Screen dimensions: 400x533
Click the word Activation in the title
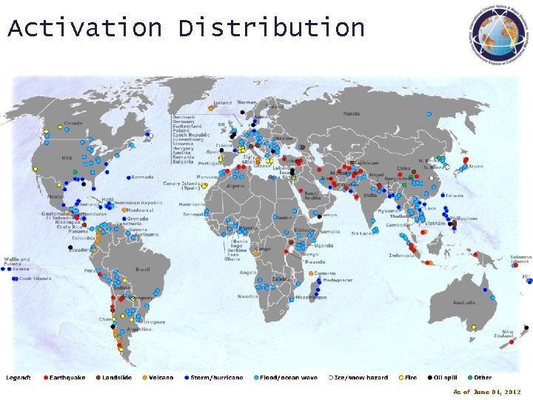[84, 28]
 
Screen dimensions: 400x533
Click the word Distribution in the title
[271, 28]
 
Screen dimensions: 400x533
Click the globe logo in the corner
[494, 34]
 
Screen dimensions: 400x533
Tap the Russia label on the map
[351, 113]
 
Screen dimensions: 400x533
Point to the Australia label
[464, 302]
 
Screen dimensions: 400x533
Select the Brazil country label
[143, 270]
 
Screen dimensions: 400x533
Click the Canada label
[73, 123]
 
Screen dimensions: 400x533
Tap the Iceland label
[222, 103]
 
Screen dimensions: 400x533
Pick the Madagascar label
[338, 280]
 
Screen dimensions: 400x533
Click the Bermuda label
[142, 177]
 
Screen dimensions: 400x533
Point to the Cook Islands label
[35, 279]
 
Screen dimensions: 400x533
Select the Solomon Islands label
[520, 259]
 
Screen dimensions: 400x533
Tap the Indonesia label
[401, 256]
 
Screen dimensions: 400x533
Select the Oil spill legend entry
[451, 378]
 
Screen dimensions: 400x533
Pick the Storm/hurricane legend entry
[215, 378]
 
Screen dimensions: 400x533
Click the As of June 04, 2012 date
[487, 392]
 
